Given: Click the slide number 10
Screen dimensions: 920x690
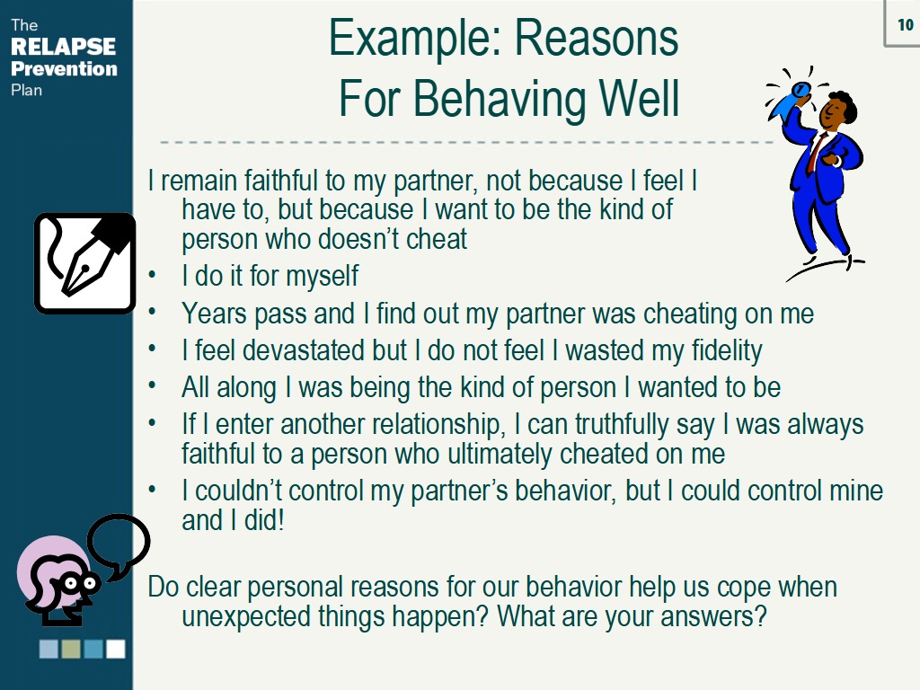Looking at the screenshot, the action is [906, 24].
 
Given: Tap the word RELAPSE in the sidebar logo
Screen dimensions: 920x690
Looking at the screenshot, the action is [64, 47].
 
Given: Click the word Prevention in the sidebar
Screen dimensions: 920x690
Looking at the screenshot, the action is [64, 68].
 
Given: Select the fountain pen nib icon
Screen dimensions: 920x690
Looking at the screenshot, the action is [85, 263].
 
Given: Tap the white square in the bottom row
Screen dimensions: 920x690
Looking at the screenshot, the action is [116, 649].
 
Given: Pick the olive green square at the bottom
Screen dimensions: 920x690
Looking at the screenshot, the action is [71, 649].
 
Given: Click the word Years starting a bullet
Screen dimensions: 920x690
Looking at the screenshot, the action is [214, 314].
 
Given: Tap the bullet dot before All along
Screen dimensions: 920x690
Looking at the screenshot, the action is [152, 385].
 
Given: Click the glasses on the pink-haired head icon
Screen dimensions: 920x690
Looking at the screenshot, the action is [80, 583].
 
